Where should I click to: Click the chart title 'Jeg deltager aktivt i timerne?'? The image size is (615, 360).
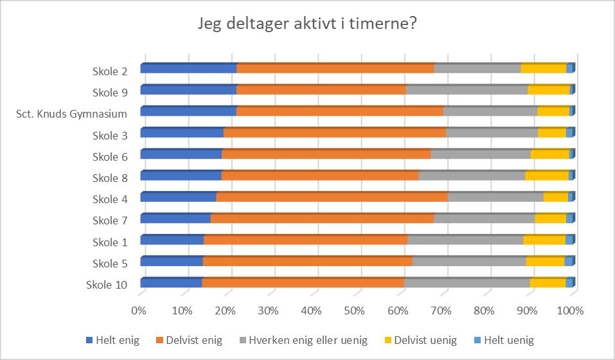click(307, 24)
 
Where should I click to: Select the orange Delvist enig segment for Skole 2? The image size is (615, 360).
click(335, 68)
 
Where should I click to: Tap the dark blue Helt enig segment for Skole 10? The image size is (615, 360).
click(171, 283)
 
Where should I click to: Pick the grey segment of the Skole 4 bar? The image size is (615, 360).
click(495, 197)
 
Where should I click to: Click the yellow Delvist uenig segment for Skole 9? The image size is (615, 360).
click(549, 89)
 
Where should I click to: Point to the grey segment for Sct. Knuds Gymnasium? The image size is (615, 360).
click(490, 111)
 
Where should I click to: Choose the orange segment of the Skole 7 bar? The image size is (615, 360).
click(323, 218)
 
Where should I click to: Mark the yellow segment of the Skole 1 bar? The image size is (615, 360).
click(544, 239)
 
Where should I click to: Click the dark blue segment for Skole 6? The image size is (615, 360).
click(181, 154)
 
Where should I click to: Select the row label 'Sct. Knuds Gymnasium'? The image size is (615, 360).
click(72, 114)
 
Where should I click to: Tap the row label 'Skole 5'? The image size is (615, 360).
click(110, 264)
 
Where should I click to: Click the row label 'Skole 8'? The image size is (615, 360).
click(110, 178)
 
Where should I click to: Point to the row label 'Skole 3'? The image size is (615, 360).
click(110, 136)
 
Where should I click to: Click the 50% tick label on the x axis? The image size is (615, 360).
click(355, 311)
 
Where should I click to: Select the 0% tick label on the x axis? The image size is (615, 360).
click(139, 311)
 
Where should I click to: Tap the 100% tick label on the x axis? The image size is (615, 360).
click(570, 311)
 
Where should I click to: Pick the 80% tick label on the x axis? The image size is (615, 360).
click(484, 311)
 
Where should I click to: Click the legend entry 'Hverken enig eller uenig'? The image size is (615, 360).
click(303, 340)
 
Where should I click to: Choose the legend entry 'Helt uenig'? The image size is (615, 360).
click(504, 340)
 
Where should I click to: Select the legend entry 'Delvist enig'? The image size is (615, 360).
click(190, 340)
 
